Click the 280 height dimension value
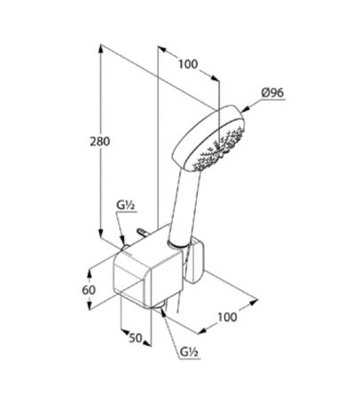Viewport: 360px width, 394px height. (100, 141)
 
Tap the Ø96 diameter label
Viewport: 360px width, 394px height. (272, 93)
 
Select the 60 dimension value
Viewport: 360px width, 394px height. (89, 290)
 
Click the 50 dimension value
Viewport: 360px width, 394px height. (136, 338)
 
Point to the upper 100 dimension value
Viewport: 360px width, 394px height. (188, 64)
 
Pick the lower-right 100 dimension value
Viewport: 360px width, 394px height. (227, 318)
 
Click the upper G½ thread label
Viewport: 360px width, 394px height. (126, 206)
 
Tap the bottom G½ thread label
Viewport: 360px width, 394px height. (190, 352)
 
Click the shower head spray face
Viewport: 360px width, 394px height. (218, 146)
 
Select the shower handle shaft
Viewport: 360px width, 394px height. (184, 207)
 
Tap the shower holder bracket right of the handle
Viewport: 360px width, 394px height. (196, 260)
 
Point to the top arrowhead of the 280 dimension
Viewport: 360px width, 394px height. (101, 49)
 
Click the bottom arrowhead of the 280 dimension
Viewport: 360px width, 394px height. (101, 232)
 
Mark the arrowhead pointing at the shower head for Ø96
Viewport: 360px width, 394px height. (246, 108)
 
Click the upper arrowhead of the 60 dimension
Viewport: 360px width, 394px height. (90, 274)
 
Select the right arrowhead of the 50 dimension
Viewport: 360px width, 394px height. (147, 343)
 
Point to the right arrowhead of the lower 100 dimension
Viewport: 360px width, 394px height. (254, 303)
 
